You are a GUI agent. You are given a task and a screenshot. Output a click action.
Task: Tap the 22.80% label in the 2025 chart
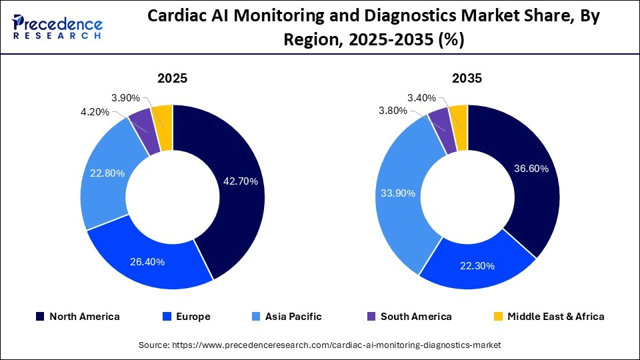tap(107, 173)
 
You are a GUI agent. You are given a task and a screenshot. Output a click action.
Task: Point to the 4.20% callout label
tap(95, 112)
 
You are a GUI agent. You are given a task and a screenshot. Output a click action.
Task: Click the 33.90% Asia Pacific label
tap(397, 193)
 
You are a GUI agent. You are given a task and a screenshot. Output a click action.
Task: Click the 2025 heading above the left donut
tap(172, 78)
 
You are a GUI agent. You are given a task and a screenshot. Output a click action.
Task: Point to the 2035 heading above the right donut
tap(467, 78)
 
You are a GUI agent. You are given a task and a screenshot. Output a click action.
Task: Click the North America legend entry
tap(77, 317)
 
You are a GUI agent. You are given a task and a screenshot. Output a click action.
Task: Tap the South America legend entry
tap(409, 317)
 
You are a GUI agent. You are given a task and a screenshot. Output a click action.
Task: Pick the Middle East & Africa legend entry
tap(549, 317)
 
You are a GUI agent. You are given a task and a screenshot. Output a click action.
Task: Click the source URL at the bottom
tap(319, 345)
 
